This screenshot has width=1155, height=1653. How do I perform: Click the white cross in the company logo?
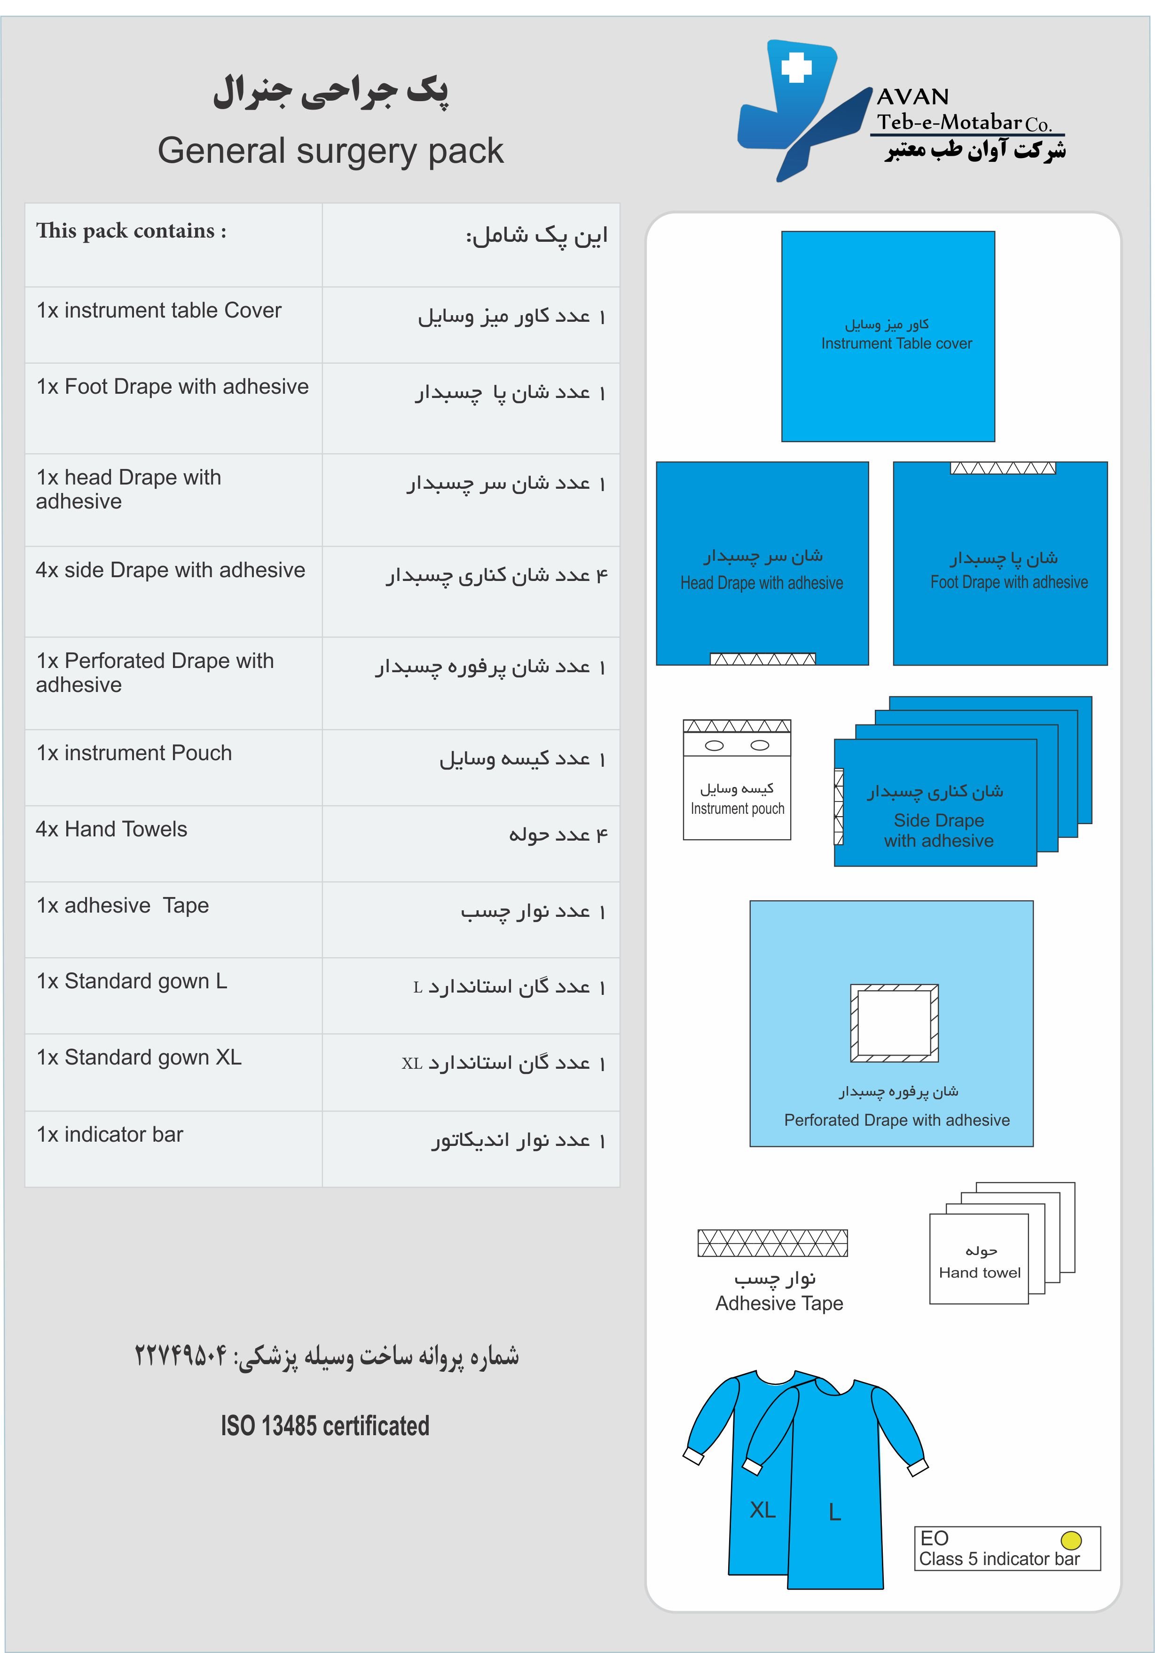click(796, 68)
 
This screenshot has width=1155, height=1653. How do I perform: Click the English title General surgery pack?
click(330, 151)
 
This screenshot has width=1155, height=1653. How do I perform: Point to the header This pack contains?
click(131, 231)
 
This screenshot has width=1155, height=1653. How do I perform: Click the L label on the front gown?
click(835, 1512)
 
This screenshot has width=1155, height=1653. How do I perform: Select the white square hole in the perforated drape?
click(895, 1022)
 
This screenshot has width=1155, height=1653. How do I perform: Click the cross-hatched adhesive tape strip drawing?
click(772, 1243)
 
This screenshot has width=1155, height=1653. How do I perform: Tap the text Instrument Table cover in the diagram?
click(896, 343)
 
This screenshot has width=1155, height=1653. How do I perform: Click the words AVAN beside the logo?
click(912, 96)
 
